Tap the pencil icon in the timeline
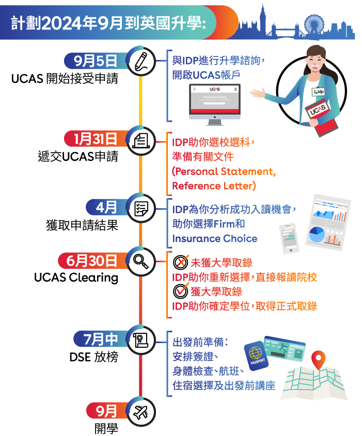click(140, 61)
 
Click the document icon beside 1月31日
click(140, 139)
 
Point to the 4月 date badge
click(106, 207)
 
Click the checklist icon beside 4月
click(140, 208)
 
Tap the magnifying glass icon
click(140, 261)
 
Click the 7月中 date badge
click(101, 340)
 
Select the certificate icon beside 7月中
click(140, 340)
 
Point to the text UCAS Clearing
click(76, 278)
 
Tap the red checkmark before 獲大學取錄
click(180, 292)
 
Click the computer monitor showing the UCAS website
click(214, 103)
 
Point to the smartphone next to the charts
click(289, 238)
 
